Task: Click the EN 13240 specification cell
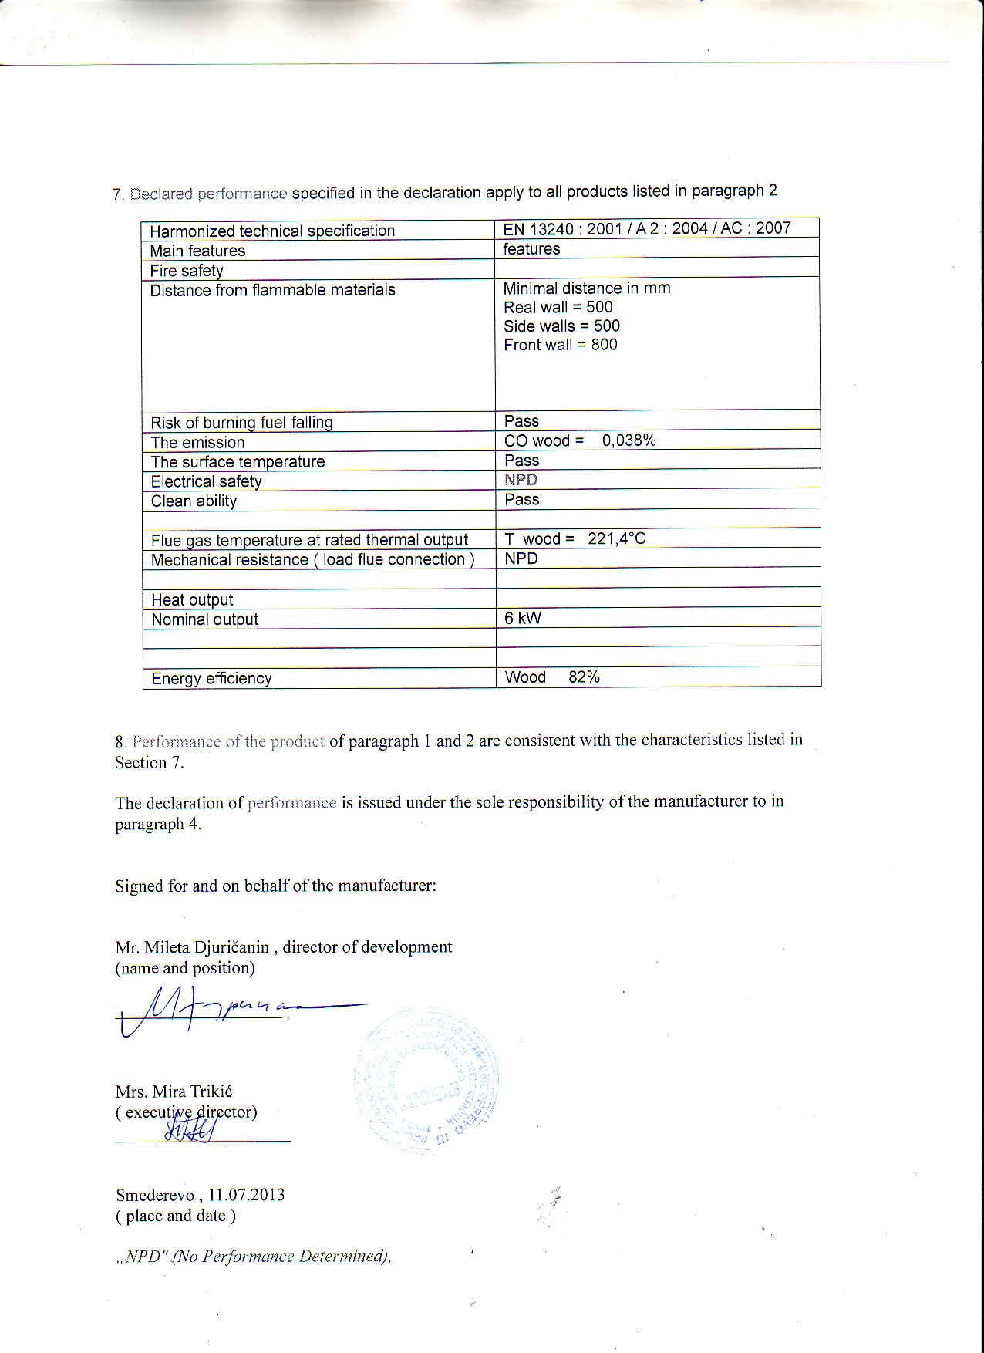click(646, 228)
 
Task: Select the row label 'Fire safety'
click(187, 271)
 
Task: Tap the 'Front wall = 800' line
click(561, 345)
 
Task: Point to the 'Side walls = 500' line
click(561, 326)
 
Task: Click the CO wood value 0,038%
click(628, 440)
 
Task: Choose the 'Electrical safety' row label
click(206, 481)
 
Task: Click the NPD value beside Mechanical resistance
click(521, 558)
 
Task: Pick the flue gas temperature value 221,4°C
click(616, 538)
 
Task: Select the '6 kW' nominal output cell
click(523, 618)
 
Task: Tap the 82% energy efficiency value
click(584, 677)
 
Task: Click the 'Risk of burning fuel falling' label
click(241, 423)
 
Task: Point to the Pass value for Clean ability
click(522, 499)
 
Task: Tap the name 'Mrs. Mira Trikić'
click(174, 1092)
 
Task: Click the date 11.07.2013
click(246, 1195)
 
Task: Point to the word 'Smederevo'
click(154, 1195)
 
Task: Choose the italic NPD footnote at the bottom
click(254, 1256)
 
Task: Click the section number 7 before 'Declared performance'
click(118, 194)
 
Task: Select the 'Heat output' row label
click(192, 599)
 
